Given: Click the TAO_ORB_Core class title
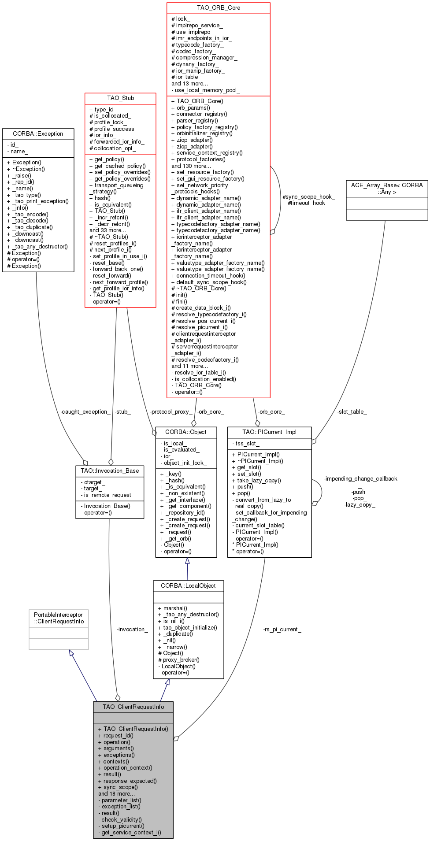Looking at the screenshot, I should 218,8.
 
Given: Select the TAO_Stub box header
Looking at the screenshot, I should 120,98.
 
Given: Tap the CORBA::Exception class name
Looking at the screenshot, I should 38,133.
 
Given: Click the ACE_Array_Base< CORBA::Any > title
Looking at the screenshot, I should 387,189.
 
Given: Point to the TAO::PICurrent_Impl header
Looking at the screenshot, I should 269,432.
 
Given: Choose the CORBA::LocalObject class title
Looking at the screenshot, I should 188,585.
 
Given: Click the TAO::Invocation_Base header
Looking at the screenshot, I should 110,471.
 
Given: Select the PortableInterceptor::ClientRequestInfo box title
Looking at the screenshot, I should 58,618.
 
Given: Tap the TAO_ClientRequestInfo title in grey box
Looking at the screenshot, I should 133,707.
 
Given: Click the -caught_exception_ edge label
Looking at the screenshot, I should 85,411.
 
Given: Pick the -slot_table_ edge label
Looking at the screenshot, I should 352,411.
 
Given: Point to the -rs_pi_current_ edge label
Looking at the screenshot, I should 282,629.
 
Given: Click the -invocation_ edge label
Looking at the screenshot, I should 132,629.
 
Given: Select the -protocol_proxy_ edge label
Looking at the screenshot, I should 171,411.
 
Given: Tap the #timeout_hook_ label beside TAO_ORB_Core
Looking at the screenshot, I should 308,203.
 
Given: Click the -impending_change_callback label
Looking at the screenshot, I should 360,478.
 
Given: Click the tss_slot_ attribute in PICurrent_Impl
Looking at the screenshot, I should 247,443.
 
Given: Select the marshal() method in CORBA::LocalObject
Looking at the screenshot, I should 175,608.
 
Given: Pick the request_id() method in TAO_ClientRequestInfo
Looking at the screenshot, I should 118,735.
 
